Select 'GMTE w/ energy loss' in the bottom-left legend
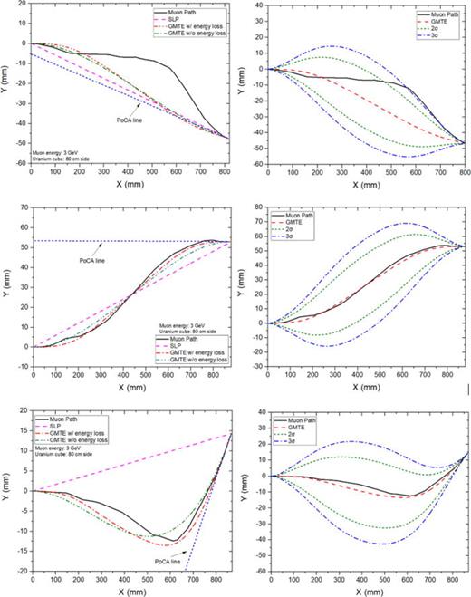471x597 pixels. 82,438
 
